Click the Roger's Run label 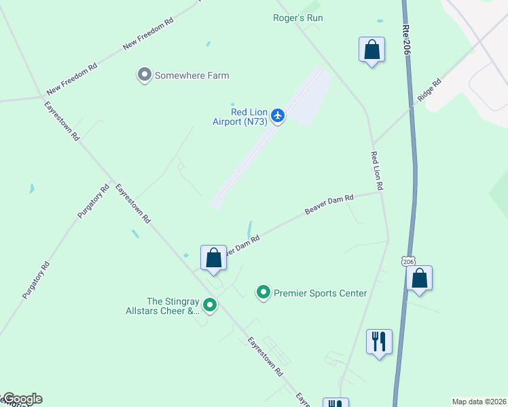coord(297,18)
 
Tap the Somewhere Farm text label coord(192,75)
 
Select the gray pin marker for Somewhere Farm coord(144,75)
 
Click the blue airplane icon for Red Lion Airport coord(277,116)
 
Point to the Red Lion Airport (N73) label coord(240,117)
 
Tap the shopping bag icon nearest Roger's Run coord(371,50)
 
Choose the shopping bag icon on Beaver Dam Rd coord(213,258)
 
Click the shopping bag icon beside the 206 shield coord(419,278)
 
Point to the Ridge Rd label coord(429,90)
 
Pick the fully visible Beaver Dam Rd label coord(329,206)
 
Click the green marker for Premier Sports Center coord(264,292)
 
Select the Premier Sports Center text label coord(320,294)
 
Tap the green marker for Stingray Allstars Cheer coord(210,306)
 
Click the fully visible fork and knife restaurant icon coord(378,341)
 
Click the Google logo coord(22,399)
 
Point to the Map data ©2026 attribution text coord(479,402)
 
